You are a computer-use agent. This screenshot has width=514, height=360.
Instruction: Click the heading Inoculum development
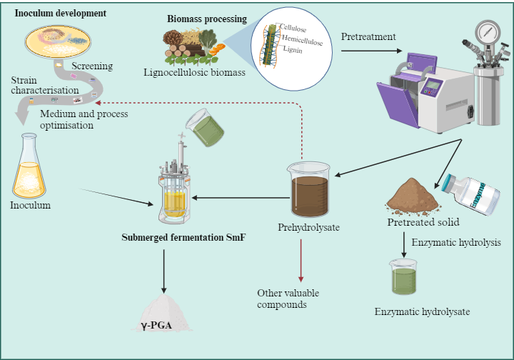pos(61,13)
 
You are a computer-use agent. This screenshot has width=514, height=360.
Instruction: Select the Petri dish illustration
pos(58,41)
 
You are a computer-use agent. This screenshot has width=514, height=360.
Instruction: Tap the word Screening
pos(92,66)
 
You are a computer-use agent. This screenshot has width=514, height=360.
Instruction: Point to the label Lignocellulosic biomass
pos(194,72)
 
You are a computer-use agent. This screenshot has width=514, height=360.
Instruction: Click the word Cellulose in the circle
pos(293,28)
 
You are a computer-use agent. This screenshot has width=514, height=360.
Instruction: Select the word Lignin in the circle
pos(293,49)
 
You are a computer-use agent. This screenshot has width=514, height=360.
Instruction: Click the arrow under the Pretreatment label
pos(371,51)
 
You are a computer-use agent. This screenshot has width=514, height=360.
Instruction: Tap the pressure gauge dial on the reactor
pos(488,32)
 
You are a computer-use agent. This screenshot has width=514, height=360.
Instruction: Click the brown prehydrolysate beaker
pos(309,189)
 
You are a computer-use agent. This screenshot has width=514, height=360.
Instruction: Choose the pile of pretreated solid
pos(413,196)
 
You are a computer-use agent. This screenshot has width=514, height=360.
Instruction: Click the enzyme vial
pos(471,194)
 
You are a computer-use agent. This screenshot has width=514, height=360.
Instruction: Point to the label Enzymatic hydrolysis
pos(456,243)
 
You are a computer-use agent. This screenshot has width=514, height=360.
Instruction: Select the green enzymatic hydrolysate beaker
pos(403,276)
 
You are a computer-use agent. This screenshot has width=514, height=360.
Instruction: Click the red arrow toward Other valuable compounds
pos(301,260)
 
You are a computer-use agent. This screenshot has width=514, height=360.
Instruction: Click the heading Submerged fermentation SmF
pos(183,237)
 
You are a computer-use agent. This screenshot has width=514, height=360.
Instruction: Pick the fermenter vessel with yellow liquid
pos(173,187)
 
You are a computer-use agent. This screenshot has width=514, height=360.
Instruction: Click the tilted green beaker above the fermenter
pos(205,128)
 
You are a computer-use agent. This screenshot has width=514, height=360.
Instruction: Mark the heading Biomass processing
pos(207,19)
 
